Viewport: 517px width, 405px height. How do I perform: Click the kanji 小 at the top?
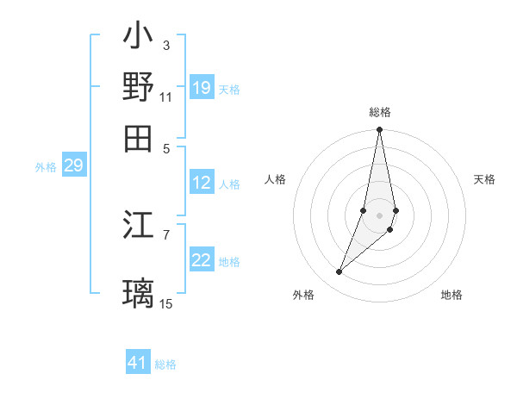coord(138,38)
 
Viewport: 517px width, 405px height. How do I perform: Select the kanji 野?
coord(138,87)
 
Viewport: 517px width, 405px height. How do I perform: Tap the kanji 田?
coord(138,137)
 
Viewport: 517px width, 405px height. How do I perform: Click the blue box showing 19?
coord(202,88)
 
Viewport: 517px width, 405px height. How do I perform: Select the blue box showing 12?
coord(202,183)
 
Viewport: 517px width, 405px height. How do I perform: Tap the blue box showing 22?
coord(202,260)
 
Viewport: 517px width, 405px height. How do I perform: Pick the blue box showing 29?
coord(73,166)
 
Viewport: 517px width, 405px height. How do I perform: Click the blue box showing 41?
coord(138,363)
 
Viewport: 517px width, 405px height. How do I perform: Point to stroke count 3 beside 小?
coord(165,45)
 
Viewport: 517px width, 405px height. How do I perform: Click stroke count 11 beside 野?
coord(165,96)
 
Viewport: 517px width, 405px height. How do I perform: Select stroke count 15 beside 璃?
coord(165,302)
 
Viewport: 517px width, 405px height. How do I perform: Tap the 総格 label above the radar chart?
coord(380,112)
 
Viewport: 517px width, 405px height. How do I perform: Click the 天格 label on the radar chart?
coord(484,179)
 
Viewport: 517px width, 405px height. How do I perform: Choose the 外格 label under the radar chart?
coord(303,295)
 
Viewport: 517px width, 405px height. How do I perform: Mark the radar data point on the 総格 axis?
coord(379,130)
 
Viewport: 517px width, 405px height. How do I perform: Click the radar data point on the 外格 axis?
coord(339,272)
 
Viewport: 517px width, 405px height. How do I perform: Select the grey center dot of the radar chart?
coord(379,215)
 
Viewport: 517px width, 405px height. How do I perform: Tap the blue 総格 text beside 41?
coord(165,364)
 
